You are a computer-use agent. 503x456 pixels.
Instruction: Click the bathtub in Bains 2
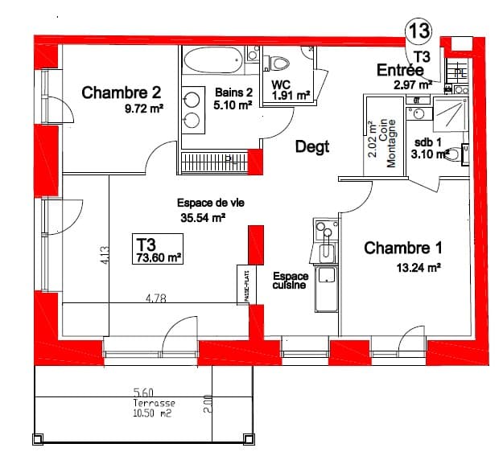click(x=212, y=61)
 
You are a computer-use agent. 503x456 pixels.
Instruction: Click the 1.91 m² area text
click(x=291, y=95)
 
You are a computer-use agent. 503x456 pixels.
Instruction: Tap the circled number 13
click(x=419, y=31)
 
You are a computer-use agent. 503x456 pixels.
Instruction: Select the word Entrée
click(x=400, y=71)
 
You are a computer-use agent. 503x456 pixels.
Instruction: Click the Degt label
click(x=312, y=147)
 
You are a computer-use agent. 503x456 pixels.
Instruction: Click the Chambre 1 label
click(x=403, y=248)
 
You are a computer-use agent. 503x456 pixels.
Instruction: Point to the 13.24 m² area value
click(x=416, y=268)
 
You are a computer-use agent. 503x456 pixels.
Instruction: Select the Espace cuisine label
click(x=290, y=281)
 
